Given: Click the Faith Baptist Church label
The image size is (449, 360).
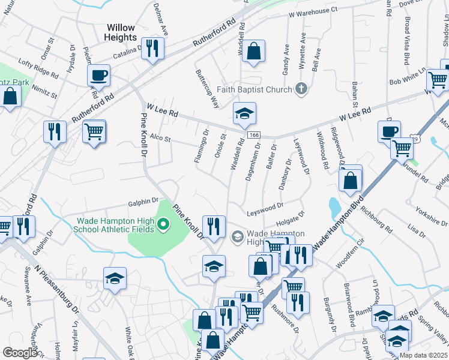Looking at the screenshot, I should (255, 89).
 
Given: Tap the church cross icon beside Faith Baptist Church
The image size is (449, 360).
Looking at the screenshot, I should (301, 89).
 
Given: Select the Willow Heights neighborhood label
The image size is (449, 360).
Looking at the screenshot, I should (121, 32).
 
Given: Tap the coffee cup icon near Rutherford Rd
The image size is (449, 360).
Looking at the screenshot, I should (98, 76).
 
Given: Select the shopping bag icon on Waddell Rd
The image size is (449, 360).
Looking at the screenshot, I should (254, 52).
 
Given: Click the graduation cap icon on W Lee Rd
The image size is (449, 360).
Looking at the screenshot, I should (244, 113).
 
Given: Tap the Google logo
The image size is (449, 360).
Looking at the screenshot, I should (20, 353).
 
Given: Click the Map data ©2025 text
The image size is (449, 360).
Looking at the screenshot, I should (423, 355).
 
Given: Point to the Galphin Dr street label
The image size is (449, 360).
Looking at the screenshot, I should (142, 201).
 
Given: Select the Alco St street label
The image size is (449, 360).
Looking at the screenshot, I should (160, 139).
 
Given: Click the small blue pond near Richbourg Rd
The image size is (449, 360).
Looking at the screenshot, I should (334, 208).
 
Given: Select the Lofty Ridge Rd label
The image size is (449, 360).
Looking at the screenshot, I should (38, 71).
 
